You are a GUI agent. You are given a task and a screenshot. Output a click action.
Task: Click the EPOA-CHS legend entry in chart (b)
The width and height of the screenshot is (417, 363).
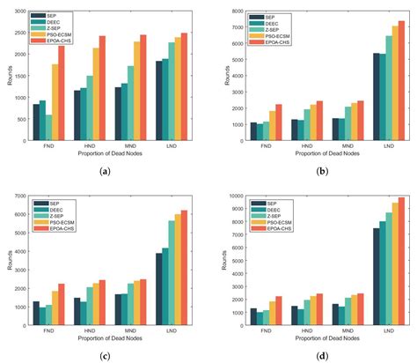point(266,41)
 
